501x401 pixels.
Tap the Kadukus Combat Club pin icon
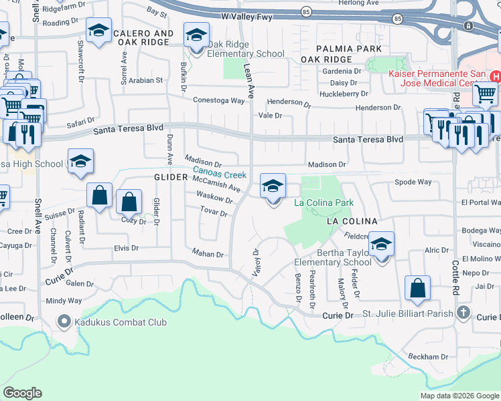(64, 322)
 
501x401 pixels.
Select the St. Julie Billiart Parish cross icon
(463, 313)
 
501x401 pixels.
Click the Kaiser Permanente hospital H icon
(495, 77)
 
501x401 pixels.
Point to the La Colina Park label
(324, 203)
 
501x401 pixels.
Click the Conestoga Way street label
(219, 100)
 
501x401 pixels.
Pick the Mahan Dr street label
(207, 254)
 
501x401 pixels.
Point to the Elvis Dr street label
(125, 248)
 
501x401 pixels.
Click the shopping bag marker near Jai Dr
(417, 289)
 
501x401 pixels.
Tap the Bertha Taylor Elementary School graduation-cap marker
(381, 244)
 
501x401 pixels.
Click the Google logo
(22, 393)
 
